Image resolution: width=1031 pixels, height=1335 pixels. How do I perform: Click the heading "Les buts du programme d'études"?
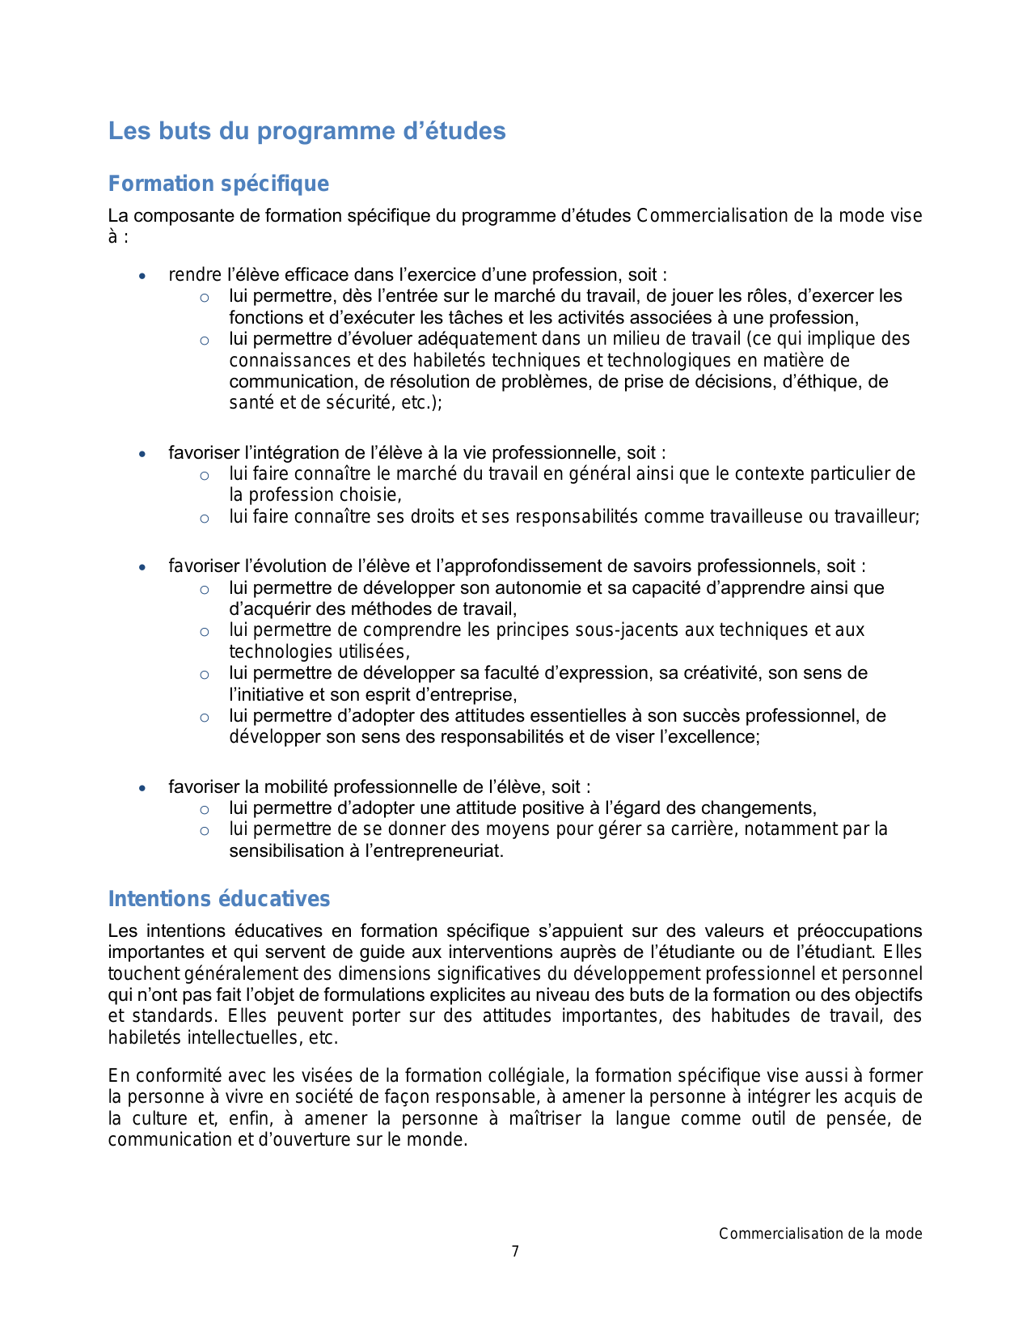pos(306,131)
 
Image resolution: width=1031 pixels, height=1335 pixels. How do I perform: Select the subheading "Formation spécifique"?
pos(218,184)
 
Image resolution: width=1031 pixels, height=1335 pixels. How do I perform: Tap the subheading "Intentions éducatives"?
pos(219,899)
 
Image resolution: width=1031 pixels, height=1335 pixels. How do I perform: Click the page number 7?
pos(515,1252)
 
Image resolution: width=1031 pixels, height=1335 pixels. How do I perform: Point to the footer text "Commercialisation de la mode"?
pos(820,1234)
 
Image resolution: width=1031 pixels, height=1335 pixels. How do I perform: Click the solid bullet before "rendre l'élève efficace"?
pos(143,276)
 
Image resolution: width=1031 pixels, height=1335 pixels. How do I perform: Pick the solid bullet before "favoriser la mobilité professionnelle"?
pos(143,788)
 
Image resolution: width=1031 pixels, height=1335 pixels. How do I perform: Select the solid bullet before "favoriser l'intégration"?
pos(143,454)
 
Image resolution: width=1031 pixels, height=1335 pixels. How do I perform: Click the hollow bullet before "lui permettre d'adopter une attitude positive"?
pos(205,809)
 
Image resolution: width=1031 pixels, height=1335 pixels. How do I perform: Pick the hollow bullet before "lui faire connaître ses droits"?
pos(205,518)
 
